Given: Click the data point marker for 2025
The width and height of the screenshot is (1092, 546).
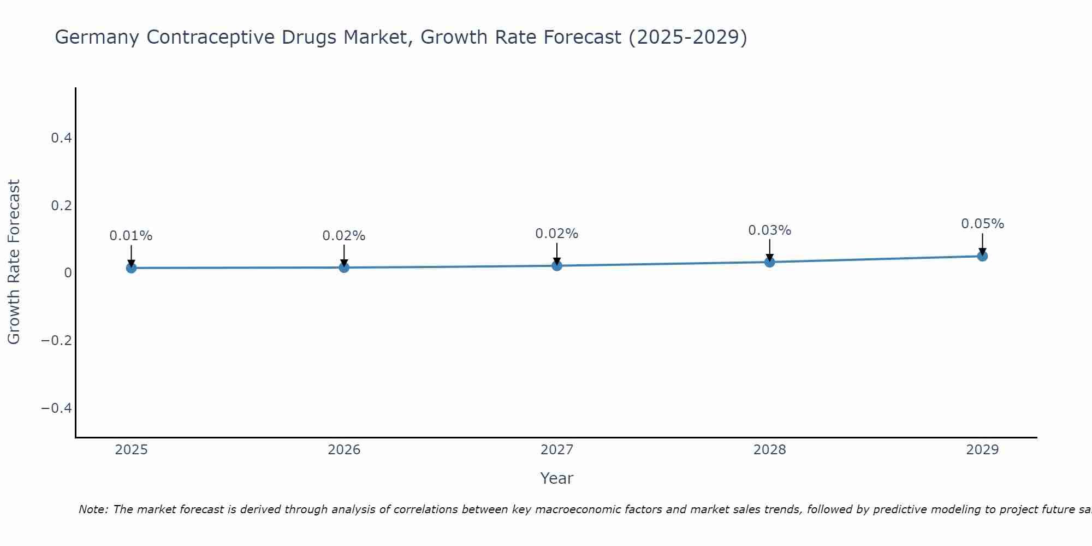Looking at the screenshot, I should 131,268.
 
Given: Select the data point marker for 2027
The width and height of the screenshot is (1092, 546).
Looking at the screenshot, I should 557,265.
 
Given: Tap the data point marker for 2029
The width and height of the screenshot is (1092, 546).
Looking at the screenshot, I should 982,256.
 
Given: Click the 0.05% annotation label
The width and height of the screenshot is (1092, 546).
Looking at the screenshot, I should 982,224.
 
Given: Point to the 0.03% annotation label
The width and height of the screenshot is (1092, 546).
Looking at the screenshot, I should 769,230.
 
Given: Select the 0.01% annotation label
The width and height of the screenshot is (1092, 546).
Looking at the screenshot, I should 131,236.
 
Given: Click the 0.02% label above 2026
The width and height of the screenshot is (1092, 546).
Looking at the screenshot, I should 344,236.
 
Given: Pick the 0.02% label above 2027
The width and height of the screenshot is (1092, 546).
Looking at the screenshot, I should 557,234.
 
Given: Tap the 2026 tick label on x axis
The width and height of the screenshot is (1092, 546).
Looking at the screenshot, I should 344,450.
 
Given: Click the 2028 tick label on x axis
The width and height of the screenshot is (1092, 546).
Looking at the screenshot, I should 769,450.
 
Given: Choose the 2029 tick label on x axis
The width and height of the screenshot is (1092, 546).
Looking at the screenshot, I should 982,450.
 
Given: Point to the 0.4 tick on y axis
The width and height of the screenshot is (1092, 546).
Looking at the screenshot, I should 61,138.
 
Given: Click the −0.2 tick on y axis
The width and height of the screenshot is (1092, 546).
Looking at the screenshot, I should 57,341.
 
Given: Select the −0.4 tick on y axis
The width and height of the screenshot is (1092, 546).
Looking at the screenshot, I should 57,408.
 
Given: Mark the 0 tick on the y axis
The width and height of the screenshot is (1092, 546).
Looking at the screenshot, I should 68,273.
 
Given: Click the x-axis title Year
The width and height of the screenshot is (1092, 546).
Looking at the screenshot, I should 556,478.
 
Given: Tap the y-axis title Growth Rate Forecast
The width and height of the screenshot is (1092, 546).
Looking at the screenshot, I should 14,262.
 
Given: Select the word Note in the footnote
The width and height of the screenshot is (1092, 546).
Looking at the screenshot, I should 93,509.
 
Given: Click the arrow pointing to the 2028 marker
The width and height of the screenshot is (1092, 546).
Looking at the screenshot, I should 769,250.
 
